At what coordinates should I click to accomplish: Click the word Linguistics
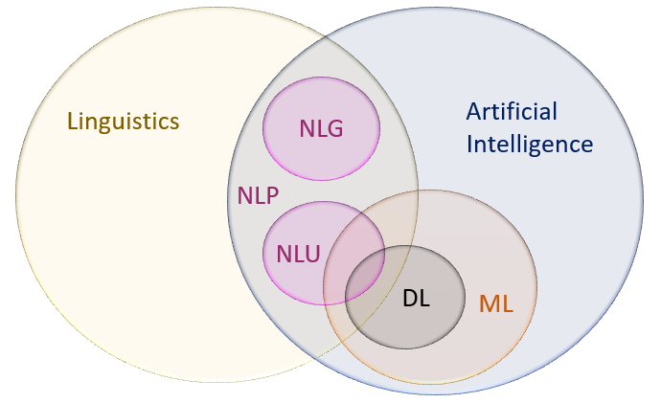(x=124, y=122)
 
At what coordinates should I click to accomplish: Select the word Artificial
(x=511, y=112)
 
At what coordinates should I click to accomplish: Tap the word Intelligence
(x=529, y=146)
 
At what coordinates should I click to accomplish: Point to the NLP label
(x=258, y=196)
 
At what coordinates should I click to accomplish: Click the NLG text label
(x=321, y=127)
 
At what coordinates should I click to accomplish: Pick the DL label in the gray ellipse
(x=416, y=298)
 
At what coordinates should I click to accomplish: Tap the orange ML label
(x=496, y=305)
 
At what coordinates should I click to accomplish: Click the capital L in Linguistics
(x=73, y=122)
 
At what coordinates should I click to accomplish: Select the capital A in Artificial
(x=473, y=112)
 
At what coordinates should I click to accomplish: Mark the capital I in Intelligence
(x=469, y=146)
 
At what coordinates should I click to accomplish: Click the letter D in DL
(x=409, y=298)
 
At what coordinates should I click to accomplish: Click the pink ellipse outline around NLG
(x=322, y=78)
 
